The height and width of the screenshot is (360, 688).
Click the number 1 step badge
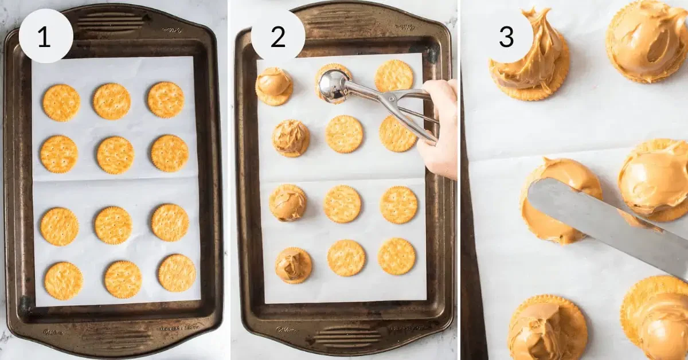(x=46, y=36)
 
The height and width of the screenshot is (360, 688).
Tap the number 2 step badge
(x=278, y=36)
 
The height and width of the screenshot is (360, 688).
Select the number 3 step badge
(x=506, y=36)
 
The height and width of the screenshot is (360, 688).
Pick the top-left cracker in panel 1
(x=61, y=103)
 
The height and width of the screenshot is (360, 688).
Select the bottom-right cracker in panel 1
(x=177, y=273)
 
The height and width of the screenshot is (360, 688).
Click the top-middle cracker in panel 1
(x=112, y=101)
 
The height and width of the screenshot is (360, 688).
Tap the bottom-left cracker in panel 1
(x=63, y=280)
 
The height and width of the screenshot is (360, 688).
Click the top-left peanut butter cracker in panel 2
(x=273, y=85)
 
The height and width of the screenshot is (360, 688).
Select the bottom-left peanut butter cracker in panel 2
(x=293, y=265)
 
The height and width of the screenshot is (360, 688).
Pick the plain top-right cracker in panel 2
(x=394, y=76)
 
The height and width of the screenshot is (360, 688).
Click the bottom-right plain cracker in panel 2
(x=396, y=256)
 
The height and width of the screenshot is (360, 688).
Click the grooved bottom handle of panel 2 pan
(x=344, y=336)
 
